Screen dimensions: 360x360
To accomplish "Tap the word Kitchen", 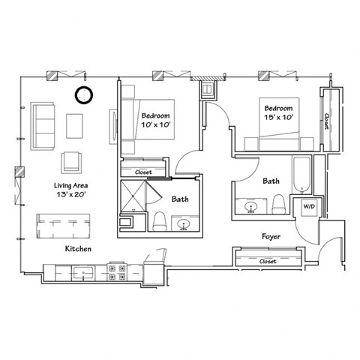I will point(78,248).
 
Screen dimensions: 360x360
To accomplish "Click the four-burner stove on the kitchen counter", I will point(118,271).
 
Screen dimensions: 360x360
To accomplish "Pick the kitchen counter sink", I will point(85,271).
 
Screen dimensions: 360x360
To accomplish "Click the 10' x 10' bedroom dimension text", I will point(155,125).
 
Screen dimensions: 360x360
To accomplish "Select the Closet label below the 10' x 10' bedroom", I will point(143,172).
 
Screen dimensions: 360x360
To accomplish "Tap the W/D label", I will point(308,206).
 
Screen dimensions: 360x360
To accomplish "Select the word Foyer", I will point(271,236).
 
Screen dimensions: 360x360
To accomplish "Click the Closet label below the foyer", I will point(268,261).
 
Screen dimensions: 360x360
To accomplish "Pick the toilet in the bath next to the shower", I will point(159,221).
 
